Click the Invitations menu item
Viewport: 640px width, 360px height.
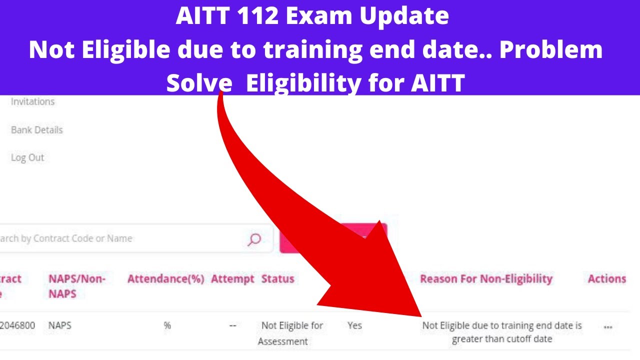coord(32,101)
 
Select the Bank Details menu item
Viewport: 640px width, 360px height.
coord(36,130)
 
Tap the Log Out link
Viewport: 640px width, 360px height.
coord(27,157)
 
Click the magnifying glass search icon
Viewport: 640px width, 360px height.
coord(254,239)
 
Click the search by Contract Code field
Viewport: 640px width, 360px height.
coord(120,238)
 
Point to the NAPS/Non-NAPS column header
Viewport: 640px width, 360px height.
coord(76,286)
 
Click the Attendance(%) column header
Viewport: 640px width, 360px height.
coord(165,279)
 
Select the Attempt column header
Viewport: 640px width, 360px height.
coord(232,279)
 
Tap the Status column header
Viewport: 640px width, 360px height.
coord(277,279)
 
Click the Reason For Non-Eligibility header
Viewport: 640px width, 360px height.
coord(486,279)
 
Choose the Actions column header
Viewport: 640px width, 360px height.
coord(606,279)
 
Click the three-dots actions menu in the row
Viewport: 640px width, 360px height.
coord(608,327)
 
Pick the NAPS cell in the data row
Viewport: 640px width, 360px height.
coord(60,325)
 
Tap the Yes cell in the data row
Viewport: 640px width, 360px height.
coord(354,325)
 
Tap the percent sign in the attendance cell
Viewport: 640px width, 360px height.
coord(167,325)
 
